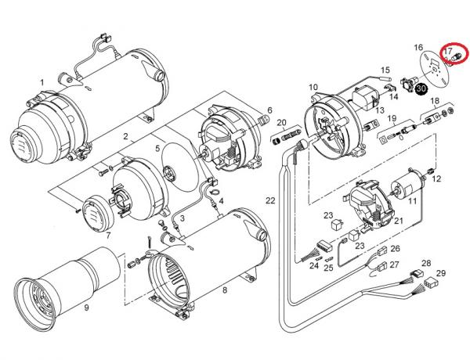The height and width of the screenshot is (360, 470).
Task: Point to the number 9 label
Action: click(x=86, y=307)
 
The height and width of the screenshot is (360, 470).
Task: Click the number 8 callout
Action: click(x=225, y=291)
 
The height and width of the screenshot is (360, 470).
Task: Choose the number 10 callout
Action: click(x=313, y=87)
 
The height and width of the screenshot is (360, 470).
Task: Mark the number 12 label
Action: click(x=436, y=178)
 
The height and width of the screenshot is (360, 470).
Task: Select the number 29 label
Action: click(x=441, y=273)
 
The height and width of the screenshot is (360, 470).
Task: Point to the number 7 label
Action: click(x=108, y=236)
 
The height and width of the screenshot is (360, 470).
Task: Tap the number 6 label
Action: click(x=269, y=110)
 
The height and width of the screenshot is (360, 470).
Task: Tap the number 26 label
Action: click(x=395, y=249)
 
